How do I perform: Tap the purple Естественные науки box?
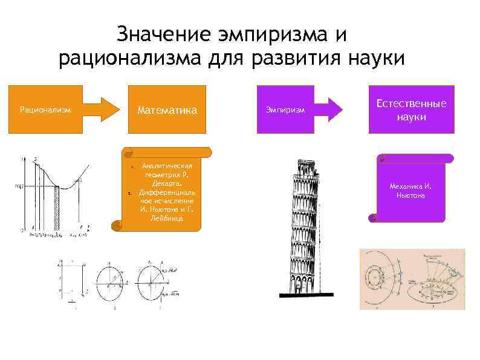[x=411, y=110]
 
